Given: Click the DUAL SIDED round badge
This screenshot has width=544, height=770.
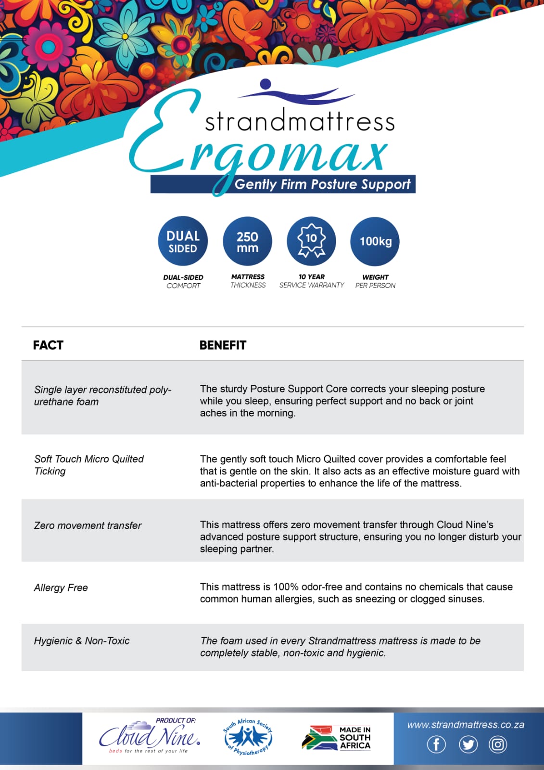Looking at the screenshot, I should [x=183, y=241].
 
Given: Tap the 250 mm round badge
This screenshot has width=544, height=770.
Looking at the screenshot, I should [x=247, y=241].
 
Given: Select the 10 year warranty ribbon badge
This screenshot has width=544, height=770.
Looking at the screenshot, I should [x=311, y=241].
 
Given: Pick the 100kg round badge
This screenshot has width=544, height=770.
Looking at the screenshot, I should [x=375, y=241].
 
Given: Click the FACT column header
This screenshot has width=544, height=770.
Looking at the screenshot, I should [x=48, y=345].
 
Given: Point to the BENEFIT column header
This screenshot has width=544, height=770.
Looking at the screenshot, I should [x=223, y=345].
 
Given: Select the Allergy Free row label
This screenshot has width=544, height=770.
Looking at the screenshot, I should [x=61, y=588].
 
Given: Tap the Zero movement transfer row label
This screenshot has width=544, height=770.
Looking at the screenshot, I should [x=88, y=526].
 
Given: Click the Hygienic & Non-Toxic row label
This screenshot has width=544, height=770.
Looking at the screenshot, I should [x=82, y=641].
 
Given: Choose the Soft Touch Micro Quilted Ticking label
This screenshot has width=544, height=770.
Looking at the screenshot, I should [x=89, y=465].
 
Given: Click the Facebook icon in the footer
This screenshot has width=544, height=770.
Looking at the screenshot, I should [x=436, y=744].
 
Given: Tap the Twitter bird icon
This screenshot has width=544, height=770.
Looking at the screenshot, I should [x=468, y=744].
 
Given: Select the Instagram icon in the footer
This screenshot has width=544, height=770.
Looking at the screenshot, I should [x=498, y=744].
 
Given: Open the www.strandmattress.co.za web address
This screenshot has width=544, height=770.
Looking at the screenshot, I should [x=466, y=725].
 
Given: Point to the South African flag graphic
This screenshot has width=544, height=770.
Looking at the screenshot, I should [x=319, y=738].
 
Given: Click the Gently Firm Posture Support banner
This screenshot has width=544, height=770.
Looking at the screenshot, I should [x=322, y=184].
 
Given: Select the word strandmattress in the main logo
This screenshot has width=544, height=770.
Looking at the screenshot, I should [x=300, y=122].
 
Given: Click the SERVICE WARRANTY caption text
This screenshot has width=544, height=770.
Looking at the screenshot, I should [x=312, y=285].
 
